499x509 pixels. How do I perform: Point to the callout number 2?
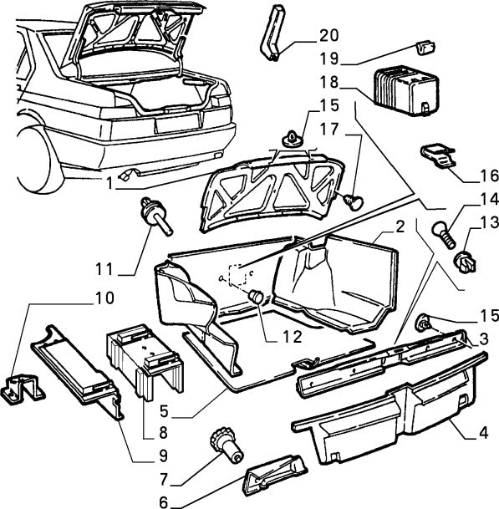coord(400,226)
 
